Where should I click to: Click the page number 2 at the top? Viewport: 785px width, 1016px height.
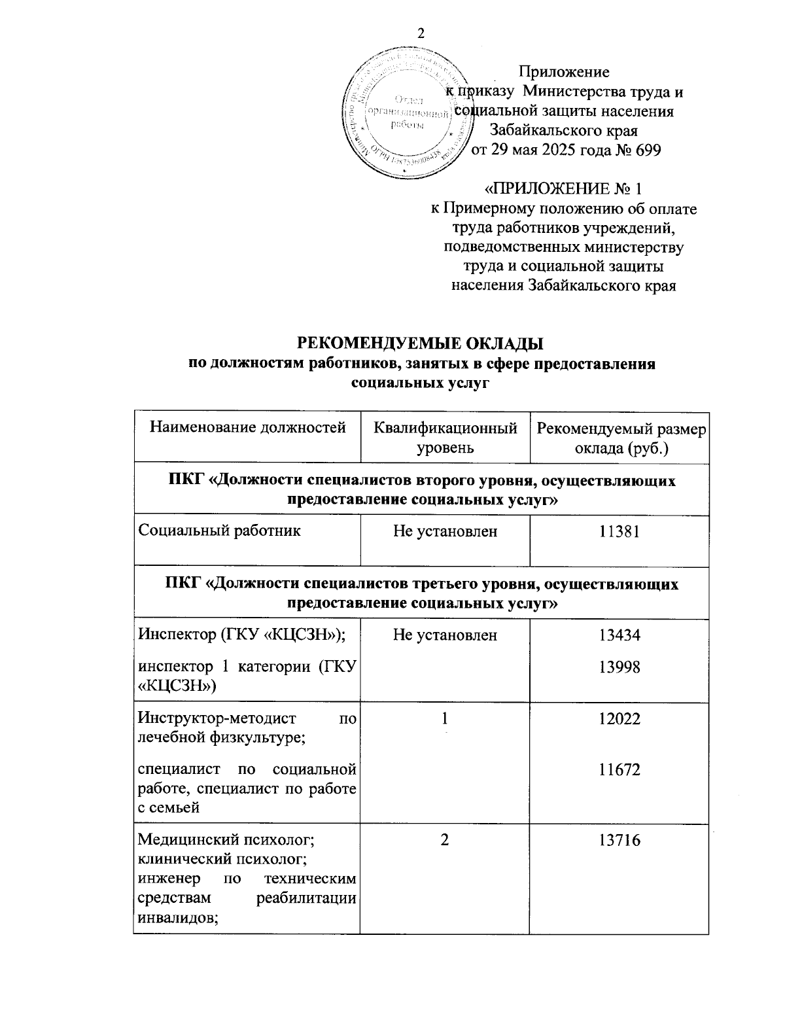tap(421, 34)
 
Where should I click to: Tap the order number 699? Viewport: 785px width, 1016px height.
tap(646, 150)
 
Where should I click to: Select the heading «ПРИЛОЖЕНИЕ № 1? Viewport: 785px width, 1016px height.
tap(563, 190)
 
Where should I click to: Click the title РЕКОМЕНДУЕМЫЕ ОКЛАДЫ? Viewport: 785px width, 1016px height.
tap(421, 343)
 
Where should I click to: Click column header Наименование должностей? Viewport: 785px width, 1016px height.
tap(248, 429)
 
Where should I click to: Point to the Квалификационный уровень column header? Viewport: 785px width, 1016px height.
tap(445, 438)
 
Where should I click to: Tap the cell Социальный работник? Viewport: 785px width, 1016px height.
tap(220, 531)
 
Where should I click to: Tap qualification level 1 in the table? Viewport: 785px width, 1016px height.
tap(445, 719)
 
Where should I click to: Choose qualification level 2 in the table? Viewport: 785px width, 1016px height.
tap(445, 841)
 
